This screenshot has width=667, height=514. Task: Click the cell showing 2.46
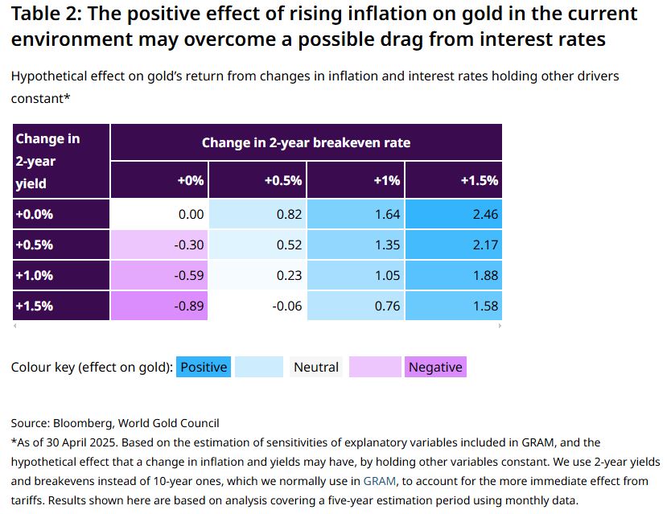click(453, 214)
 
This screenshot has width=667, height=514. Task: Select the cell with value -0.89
click(159, 306)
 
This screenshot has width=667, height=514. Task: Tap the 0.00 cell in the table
click(159, 214)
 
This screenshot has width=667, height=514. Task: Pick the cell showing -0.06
click(257, 306)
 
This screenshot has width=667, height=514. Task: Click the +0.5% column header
click(257, 180)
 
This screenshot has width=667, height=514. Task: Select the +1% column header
click(356, 180)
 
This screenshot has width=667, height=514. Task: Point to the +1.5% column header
click(453, 180)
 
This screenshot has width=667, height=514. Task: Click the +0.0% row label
click(61, 214)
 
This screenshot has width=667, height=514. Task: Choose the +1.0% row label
click(61, 275)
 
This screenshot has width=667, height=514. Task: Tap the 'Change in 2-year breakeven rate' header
click(306, 142)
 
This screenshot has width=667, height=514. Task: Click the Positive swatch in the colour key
click(204, 367)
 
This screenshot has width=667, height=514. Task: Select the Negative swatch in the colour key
click(435, 367)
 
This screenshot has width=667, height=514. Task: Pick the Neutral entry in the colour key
click(316, 367)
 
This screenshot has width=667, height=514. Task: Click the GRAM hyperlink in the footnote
click(379, 481)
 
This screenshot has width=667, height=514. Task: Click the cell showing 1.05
click(356, 275)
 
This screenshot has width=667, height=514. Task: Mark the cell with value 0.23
click(257, 275)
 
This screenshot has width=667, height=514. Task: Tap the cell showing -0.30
click(159, 245)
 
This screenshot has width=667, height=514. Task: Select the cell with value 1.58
click(453, 306)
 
